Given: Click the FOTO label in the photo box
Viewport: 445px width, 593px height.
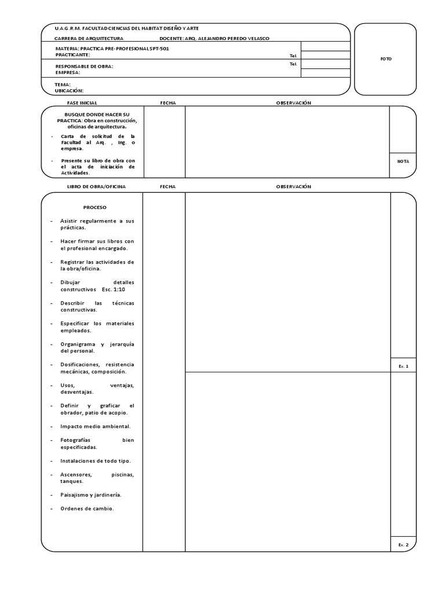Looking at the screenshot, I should coord(386,59).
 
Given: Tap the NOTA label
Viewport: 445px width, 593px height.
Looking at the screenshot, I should coord(403,162).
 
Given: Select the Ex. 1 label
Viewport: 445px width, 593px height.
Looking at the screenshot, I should coord(403,367).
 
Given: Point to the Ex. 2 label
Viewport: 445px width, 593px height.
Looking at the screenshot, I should coord(403,545).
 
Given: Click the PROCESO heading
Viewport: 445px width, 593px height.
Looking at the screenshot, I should coord(95,207).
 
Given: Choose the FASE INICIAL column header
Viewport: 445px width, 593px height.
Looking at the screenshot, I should coord(86,103).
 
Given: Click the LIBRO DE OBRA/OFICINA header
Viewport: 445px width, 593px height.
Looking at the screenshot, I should coord(96,186).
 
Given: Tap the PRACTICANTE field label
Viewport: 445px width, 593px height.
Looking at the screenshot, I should coord(72,54).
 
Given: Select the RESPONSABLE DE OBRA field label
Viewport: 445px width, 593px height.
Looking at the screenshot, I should coord(84,67).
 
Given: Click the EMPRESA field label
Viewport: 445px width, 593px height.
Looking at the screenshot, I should coord(68,73).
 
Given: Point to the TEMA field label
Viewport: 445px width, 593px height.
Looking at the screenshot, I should coord(63,85).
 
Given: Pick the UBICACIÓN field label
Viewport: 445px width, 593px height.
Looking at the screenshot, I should coord(69,91).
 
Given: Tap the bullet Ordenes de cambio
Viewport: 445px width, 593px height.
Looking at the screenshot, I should coord(87,508).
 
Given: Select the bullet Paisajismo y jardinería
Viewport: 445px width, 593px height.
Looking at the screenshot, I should coord(91,495).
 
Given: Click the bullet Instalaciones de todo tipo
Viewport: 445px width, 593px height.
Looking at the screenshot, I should coord(95,461).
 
